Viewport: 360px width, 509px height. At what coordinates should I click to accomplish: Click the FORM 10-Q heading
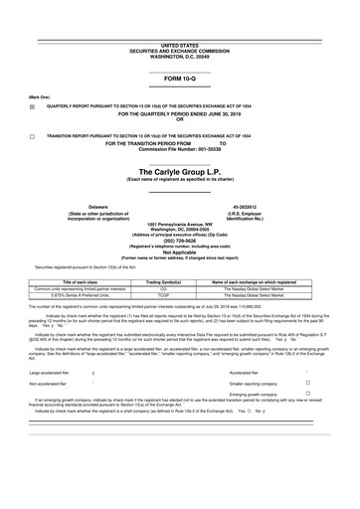click(179, 77)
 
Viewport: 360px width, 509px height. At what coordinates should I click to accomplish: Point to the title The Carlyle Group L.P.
click(179, 172)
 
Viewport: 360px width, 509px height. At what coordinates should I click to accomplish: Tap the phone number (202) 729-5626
click(179, 238)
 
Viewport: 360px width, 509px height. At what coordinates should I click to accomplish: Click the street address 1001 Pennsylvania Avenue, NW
click(179, 225)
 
